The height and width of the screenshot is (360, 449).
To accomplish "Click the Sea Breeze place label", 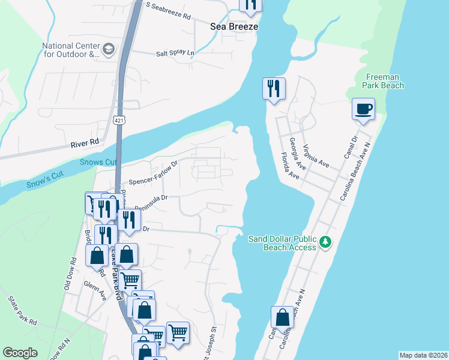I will [234, 26].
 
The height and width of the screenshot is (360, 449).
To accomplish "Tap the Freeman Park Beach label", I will [384, 81].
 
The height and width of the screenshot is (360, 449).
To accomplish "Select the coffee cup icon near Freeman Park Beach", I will [363, 109].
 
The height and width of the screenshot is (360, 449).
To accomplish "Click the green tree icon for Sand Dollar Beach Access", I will [325, 242].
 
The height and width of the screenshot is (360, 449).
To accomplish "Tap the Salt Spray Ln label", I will [175, 53].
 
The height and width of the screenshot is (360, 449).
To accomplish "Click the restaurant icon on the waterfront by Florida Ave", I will [274, 89].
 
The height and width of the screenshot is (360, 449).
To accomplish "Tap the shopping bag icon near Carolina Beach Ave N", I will [282, 317].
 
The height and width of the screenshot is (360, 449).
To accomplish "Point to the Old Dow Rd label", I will [69, 274].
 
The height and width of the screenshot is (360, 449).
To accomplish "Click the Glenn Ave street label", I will [95, 289].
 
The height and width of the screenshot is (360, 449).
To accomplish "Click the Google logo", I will [20, 353].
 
